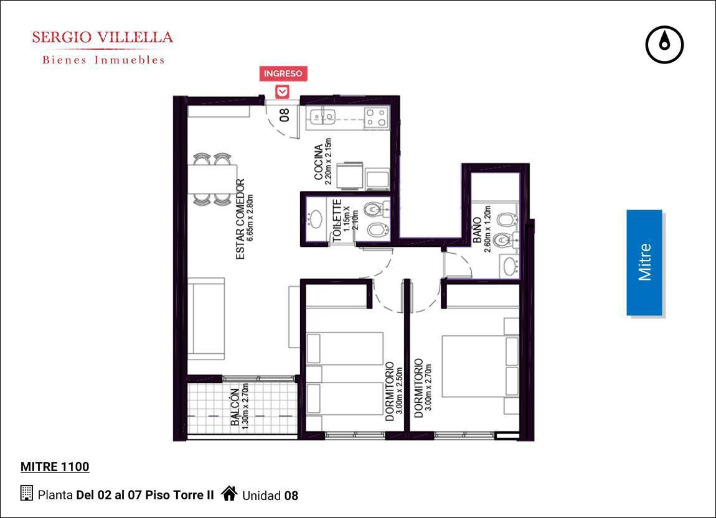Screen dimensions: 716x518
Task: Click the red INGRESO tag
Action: tap(283, 73)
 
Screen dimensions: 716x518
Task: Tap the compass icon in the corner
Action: tap(664, 44)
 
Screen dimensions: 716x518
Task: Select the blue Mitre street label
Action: tap(644, 262)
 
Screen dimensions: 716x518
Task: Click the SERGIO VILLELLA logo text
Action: tap(103, 37)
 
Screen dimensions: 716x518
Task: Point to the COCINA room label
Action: tap(319, 162)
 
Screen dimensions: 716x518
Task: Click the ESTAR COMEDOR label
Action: tap(240, 220)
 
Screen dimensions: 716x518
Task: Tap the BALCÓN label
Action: tap(235, 407)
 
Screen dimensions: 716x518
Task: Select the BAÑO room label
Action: tap(477, 230)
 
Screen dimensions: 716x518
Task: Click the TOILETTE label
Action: tap(337, 220)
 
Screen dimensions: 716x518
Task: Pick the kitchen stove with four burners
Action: tap(377, 117)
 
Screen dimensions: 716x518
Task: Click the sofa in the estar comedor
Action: tap(207, 318)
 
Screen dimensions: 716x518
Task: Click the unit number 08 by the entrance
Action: tap(284, 114)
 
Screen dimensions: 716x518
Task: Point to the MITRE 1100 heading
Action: tap(55, 466)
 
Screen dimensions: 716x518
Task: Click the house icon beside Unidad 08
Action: tap(229, 493)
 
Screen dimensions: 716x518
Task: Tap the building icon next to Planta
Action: tap(27, 493)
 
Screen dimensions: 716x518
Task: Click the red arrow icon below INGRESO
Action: tap(283, 91)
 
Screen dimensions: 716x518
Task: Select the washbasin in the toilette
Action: tap(314, 220)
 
